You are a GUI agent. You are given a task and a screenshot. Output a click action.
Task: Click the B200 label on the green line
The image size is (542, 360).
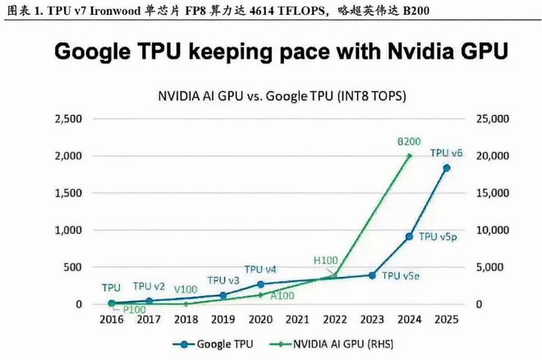[x=409, y=141]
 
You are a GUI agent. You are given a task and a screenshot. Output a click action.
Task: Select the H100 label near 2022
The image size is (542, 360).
[x=326, y=260]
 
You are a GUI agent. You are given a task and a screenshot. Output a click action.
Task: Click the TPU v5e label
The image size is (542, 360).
[x=400, y=276]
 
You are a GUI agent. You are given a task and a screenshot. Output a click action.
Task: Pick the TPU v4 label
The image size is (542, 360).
[x=260, y=270]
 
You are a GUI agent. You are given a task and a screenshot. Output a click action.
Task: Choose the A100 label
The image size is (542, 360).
[x=282, y=296]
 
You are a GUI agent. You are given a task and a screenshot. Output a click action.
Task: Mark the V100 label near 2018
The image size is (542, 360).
[x=185, y=289]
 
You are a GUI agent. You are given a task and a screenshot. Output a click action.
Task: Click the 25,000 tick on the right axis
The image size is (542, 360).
[x=490, y=119]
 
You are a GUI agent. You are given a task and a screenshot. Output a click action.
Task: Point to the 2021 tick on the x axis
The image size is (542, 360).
[x=297, y=321]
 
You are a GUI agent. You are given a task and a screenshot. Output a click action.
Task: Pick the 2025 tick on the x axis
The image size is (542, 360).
[x=447, y=321]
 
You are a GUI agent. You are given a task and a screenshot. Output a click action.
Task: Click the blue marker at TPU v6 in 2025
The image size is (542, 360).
[x=447, y=168]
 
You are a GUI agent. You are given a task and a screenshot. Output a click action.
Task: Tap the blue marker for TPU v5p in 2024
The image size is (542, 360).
[x=409, y=237]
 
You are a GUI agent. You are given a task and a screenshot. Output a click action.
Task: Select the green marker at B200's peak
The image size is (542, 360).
[x=409, y=155]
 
